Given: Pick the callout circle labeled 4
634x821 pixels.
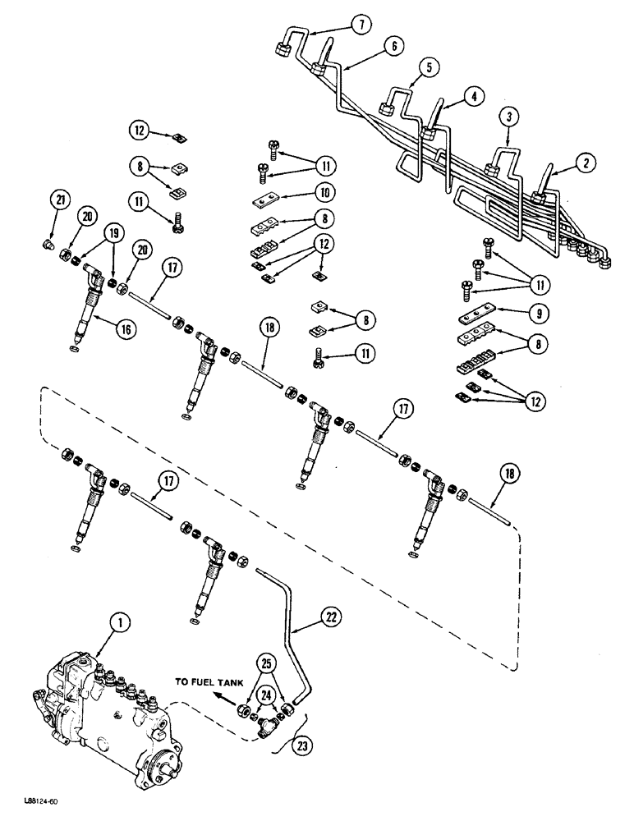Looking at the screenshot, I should pos(474,95).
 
